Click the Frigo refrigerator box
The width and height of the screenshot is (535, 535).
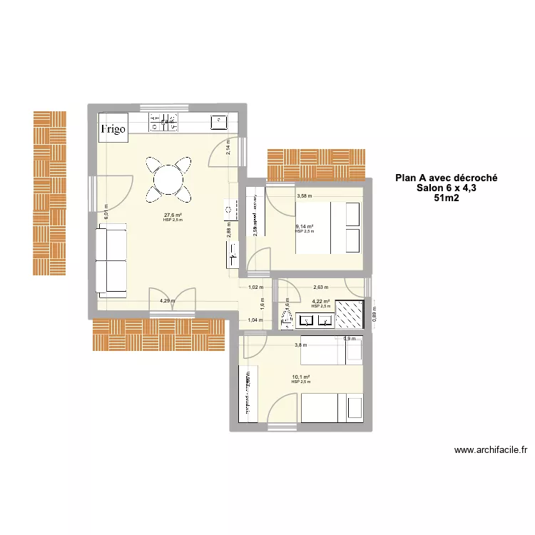click(x=113, y=128)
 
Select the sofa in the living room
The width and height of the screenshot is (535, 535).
click(x=111, y=259)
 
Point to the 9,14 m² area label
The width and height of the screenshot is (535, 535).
click(x=305, y=227)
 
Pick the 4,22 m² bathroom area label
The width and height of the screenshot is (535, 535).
click(x=321, y=301)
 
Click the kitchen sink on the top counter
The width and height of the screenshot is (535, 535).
click(x=217, y=122)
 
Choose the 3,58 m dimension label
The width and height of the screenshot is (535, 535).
click(x=305, y=195)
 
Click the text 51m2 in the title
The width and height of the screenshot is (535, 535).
click(x=447, y=199)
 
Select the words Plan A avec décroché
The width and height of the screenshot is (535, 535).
click(x=447, y=178)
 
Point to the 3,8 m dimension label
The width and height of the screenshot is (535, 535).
click(x=301, y=345)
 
